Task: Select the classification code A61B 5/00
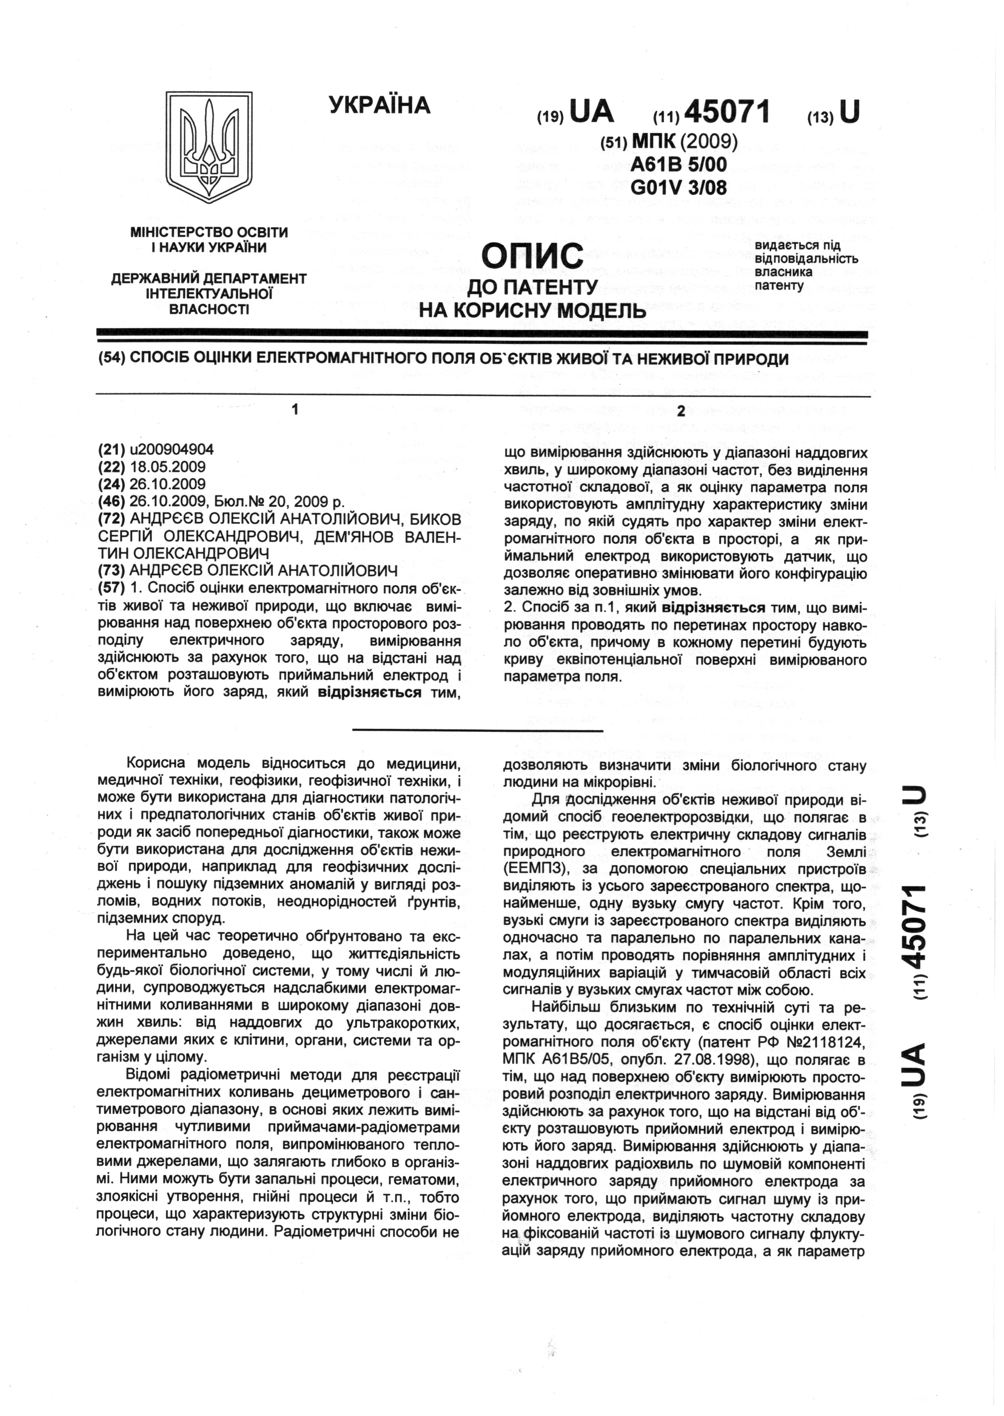coord(678,164)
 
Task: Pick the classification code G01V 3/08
coord(678,186)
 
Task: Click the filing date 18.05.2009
coord(164,467)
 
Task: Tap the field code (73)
coord(112,570)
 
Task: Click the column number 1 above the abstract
coord(296,409)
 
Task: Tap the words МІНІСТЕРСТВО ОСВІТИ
coord(209,233)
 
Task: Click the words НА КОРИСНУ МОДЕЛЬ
coord(532,309)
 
